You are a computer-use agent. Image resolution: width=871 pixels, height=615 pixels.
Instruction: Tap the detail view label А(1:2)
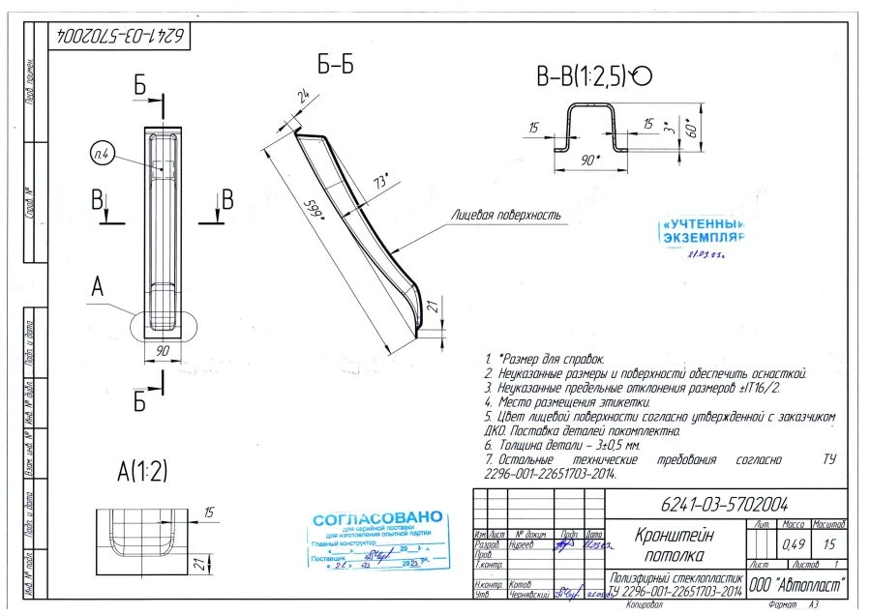coord(142,472)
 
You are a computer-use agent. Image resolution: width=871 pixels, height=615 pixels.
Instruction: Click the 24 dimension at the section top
coord(306,96)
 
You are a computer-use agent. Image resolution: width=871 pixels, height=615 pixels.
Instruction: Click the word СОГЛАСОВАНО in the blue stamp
coord(377,519)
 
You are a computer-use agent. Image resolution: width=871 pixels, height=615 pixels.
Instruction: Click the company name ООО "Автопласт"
coord(797,584)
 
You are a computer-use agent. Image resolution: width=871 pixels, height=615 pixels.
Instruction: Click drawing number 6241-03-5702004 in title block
coord(724,504)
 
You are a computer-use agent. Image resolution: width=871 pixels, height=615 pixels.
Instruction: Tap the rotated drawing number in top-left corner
coord(120,36)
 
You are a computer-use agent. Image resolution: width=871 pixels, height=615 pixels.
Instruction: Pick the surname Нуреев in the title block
coord(523,544)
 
